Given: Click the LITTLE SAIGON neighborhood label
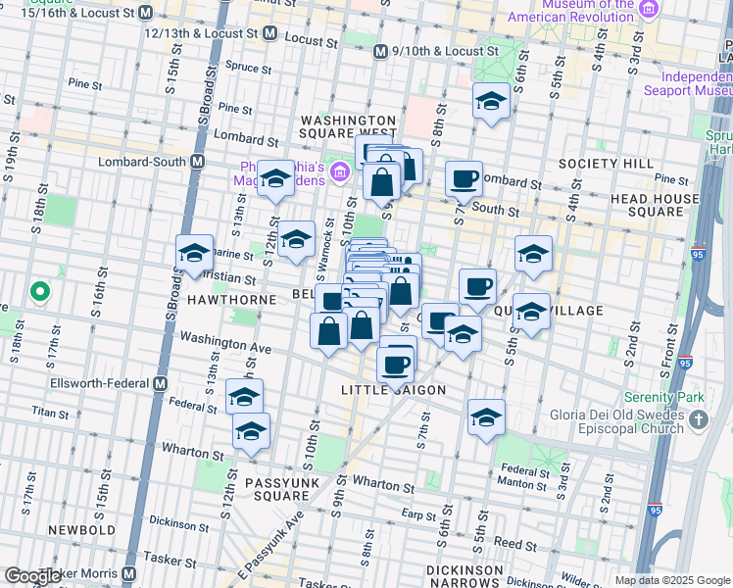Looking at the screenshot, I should pyautogui.click(x=393, y=390).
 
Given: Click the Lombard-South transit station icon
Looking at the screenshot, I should pyautogui.click(x=198, y=162).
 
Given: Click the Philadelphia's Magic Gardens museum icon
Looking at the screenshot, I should pyautogui.click(x=339, y=172).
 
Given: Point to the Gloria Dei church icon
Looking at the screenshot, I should pyautogui.click(x=699, y=419).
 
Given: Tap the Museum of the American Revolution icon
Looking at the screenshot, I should pyautogui.click(x=649, y=10).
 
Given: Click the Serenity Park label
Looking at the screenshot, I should pyautogui.click(x=666, y=399).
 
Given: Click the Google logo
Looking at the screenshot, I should pyautogui.click(x=32, y=576).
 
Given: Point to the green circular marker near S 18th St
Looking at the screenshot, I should pyautogui.click(x=39, y=291).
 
